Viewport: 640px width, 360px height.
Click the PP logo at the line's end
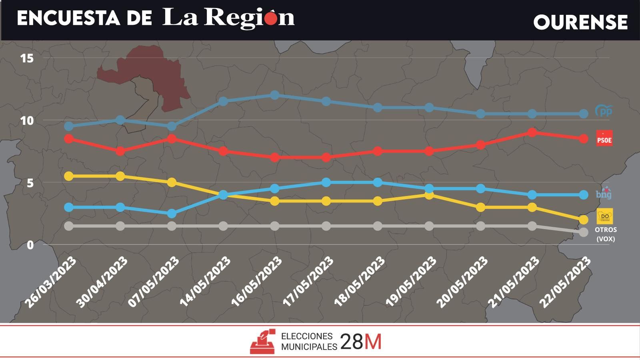pos(604,111)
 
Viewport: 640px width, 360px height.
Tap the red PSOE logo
pos(604,138)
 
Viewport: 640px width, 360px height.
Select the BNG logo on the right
pos(604,194)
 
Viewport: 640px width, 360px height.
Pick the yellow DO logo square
pos(604,216)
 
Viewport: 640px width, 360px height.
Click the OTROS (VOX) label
pos(606,234)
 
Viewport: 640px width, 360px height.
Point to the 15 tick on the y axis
pos(27,58)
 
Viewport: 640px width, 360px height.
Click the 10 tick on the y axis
pos(27,120)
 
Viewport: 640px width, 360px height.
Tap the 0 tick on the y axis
pos(30,245)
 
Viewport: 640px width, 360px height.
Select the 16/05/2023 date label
pos(257,282)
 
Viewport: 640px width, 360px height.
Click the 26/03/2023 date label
pos(51,282)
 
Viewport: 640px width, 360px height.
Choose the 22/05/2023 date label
pos(565,282)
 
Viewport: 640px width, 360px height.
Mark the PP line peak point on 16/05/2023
pos(274,95)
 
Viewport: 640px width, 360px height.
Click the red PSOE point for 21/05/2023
pos(532,132)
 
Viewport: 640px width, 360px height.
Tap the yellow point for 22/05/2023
pos(584,220)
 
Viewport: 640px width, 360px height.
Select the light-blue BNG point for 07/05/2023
pos(172,214)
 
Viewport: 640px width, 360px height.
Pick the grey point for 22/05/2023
pos(584,232)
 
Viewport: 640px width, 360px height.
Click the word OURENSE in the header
pos(580,22)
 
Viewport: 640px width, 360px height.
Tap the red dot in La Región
pos(271,19)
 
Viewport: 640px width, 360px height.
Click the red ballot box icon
pos(263,342)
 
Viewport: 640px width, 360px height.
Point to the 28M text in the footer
pos(361,342)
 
